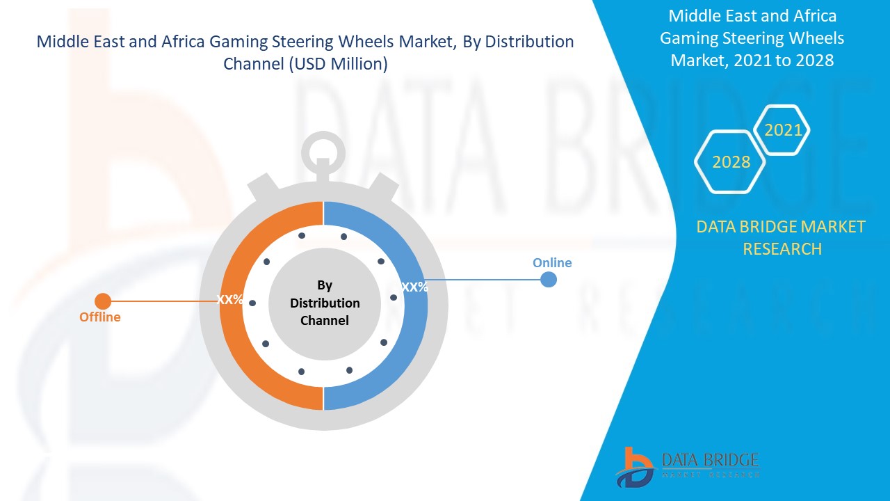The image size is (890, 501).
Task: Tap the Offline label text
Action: pyautogui.click(x=99, y=317)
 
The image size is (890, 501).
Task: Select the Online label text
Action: pyautogui.click(x=552, y=263)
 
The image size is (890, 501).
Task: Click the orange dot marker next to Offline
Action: pyautogui.click(x=103, y=301)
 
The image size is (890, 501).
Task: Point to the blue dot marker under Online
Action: pyautogui.click(x=549, y=280)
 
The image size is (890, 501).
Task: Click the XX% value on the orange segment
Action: pyautogui.click(x=230, y=300)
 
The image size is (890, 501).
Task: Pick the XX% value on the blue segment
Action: pyautogui.click(x=415, y=287)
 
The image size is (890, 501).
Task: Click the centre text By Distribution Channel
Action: pyautogui.click(x=325, y=303)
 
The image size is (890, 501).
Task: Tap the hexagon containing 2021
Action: pyautogui.click(x=783, y=130)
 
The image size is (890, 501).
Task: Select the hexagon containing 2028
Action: pyautogui.click(x=731, y=162)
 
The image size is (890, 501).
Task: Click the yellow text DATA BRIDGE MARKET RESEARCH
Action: pyautogui.click(x=782, y=237)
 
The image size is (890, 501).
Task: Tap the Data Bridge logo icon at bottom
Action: pyautogui.click(x=635, y=467)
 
